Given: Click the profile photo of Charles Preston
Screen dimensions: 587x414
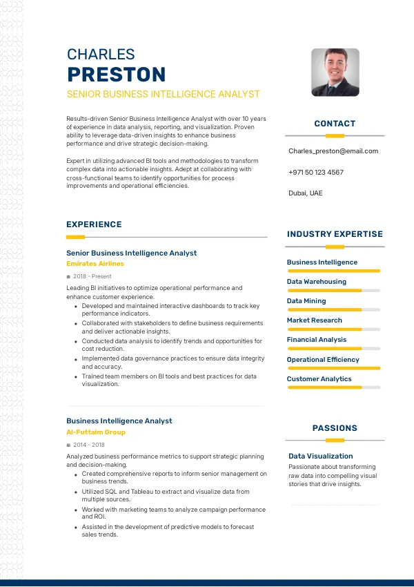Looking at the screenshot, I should coord(335,72).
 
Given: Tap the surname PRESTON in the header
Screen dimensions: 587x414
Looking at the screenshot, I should coord(116,75).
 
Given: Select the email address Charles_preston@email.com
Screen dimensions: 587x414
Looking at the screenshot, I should coord(333,151).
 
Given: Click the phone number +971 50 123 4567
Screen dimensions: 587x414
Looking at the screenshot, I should coord(316,172).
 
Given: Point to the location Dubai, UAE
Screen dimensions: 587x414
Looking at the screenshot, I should coord(305,193).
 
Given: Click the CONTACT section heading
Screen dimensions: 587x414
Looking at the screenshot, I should coord(335,124).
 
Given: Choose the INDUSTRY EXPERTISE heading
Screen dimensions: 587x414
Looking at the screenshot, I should coord(335,234).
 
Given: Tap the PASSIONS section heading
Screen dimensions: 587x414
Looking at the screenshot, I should coord(335,428).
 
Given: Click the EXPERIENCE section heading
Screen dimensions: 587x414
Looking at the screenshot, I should coord(94,224).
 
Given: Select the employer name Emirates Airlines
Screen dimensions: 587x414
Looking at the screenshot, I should coord(95,264).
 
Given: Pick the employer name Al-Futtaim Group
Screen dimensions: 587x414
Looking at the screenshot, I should coord(96,432).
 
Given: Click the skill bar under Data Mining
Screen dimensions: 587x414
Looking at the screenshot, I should coord(334,309).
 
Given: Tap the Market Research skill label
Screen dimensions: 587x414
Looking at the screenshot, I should coord(314,320).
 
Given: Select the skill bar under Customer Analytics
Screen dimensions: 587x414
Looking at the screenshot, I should coord(334,387).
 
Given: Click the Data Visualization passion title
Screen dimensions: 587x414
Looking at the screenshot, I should coord(320,456).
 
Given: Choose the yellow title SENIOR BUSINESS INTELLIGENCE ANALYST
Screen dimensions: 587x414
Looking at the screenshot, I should coord(163,94).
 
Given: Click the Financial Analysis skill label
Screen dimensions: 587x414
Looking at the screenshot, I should coord(317,340).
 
